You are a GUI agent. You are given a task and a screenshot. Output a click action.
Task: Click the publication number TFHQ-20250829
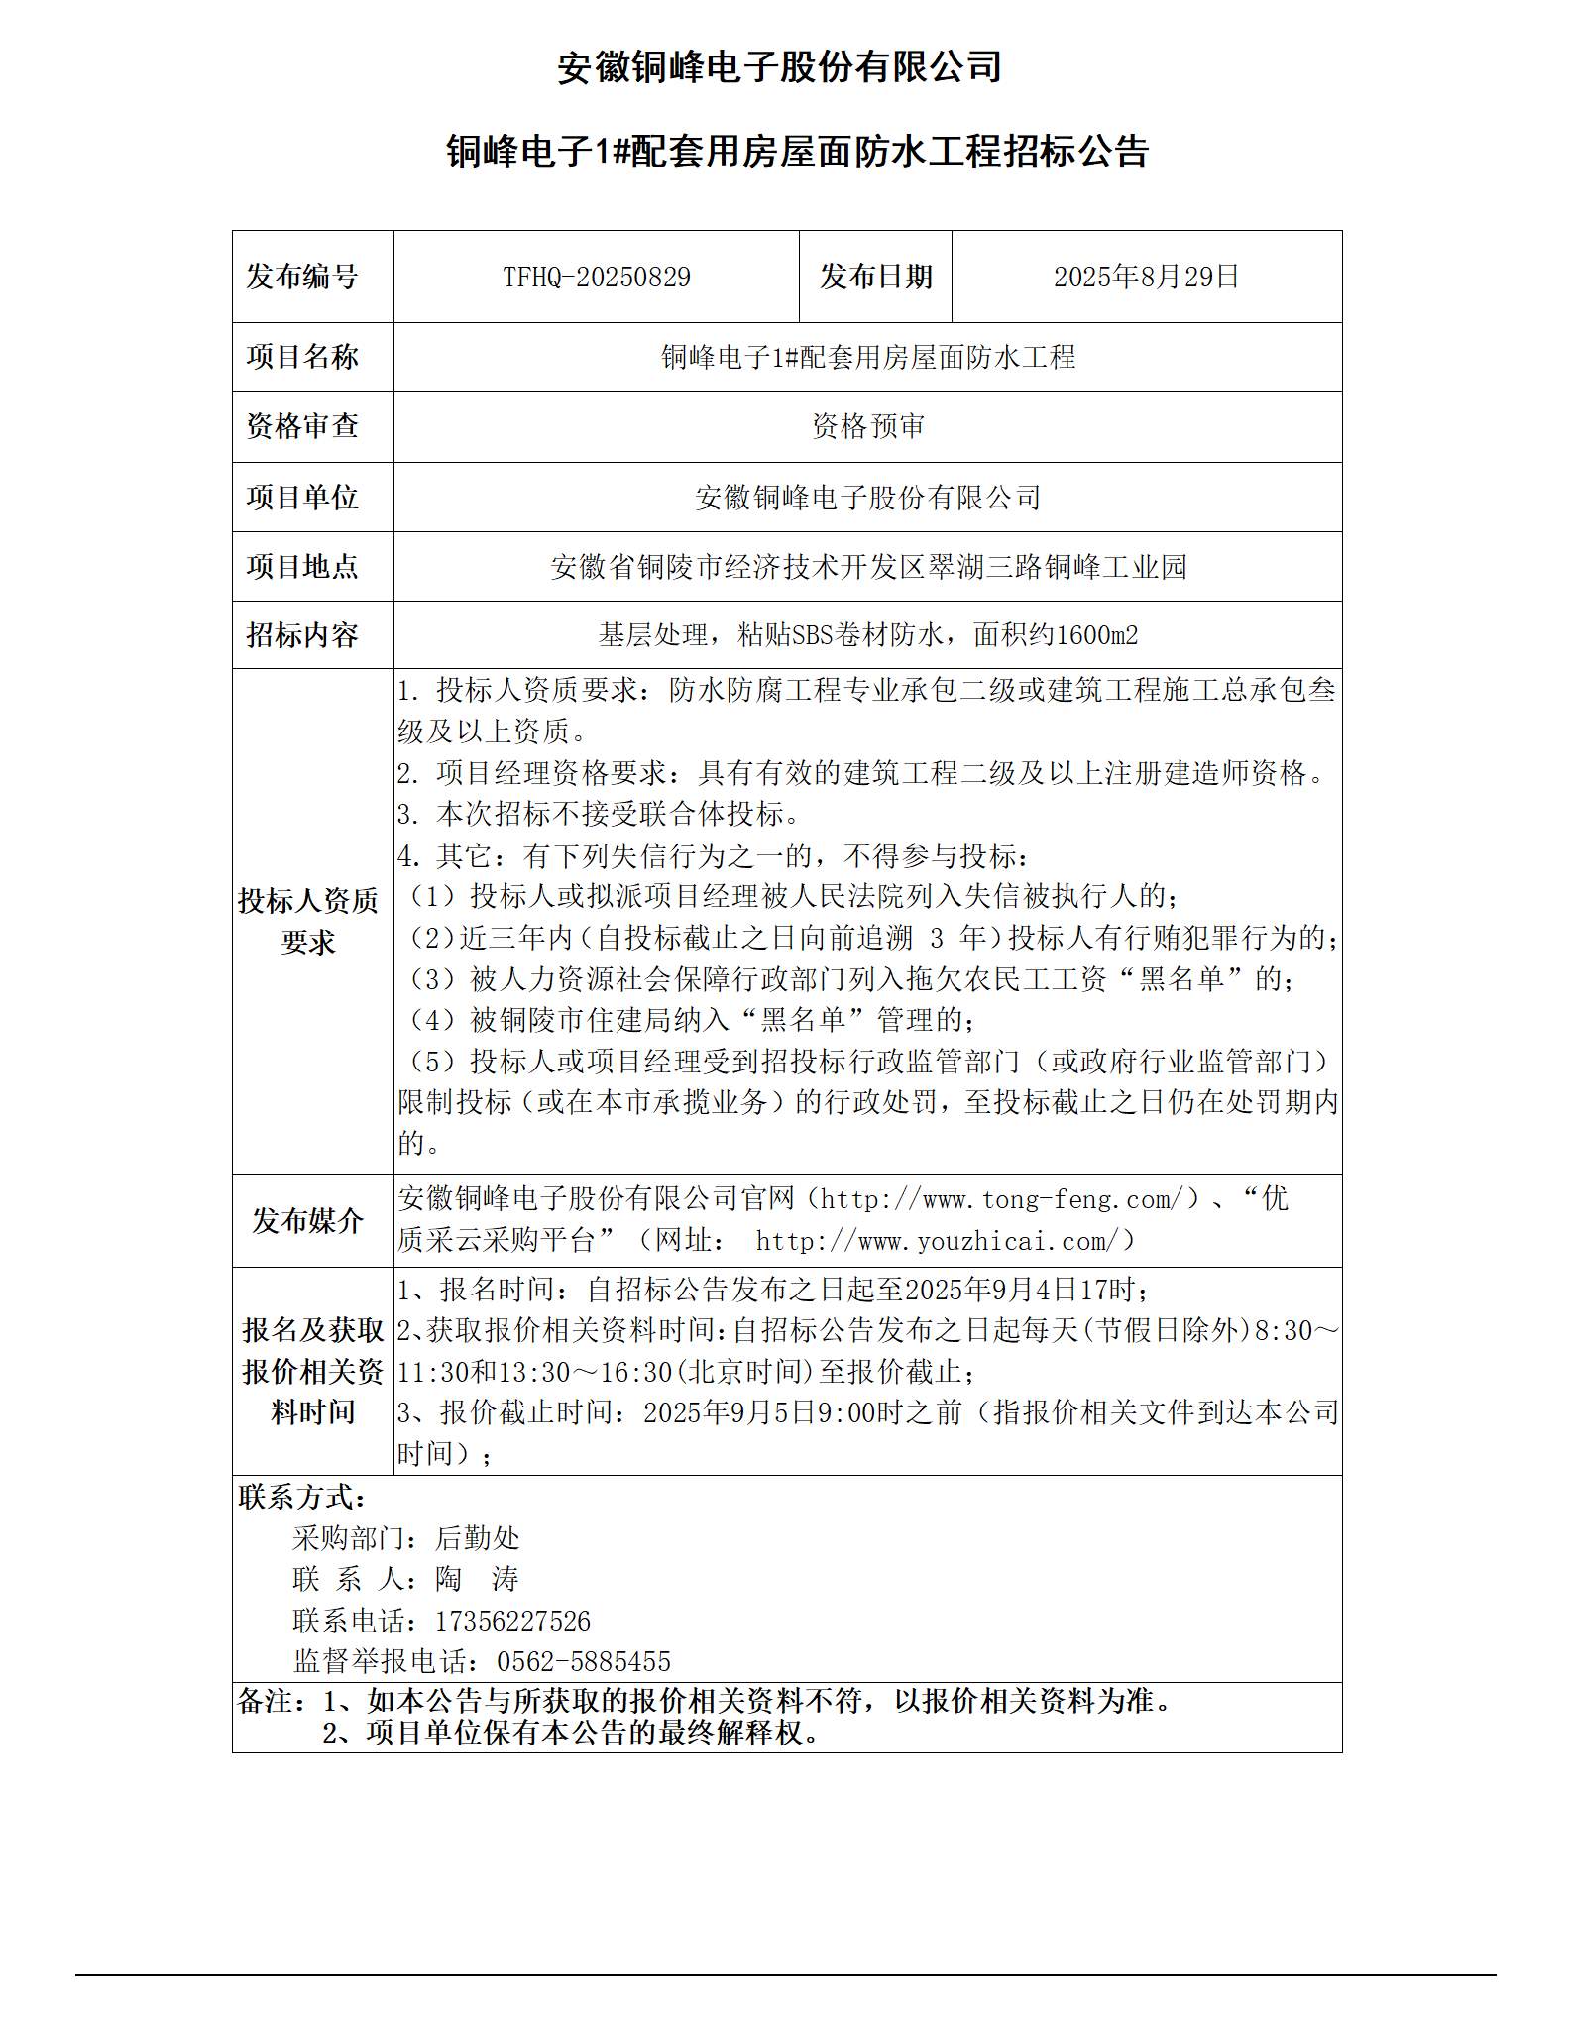(596, 277)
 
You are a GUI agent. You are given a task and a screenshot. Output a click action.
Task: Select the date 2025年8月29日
(1146, 277)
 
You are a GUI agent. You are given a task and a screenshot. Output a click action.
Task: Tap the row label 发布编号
(302, 277)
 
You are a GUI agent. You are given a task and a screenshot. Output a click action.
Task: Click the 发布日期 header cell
(875, 277)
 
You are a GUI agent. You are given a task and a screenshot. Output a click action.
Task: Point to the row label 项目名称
(302, 357)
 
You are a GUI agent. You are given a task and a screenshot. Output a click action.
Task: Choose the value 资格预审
(867, 426)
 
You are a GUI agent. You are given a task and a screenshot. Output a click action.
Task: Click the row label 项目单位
(302, 497)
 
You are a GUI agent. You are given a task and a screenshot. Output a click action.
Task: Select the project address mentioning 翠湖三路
(867, 567)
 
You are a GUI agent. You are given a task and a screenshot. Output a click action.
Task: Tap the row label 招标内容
(302, 635)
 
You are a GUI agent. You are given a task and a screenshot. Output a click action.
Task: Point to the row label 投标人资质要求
(308, 921)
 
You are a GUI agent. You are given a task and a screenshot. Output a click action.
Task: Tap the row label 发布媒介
(308, 1220)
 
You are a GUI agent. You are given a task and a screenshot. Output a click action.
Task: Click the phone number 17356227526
(512, 1622)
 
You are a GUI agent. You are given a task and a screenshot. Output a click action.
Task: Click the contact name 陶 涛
(477, 1579)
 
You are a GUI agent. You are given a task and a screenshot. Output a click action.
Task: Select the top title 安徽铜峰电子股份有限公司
(779, 67)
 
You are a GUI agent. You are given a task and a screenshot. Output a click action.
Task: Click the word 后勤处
(477, 1538)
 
